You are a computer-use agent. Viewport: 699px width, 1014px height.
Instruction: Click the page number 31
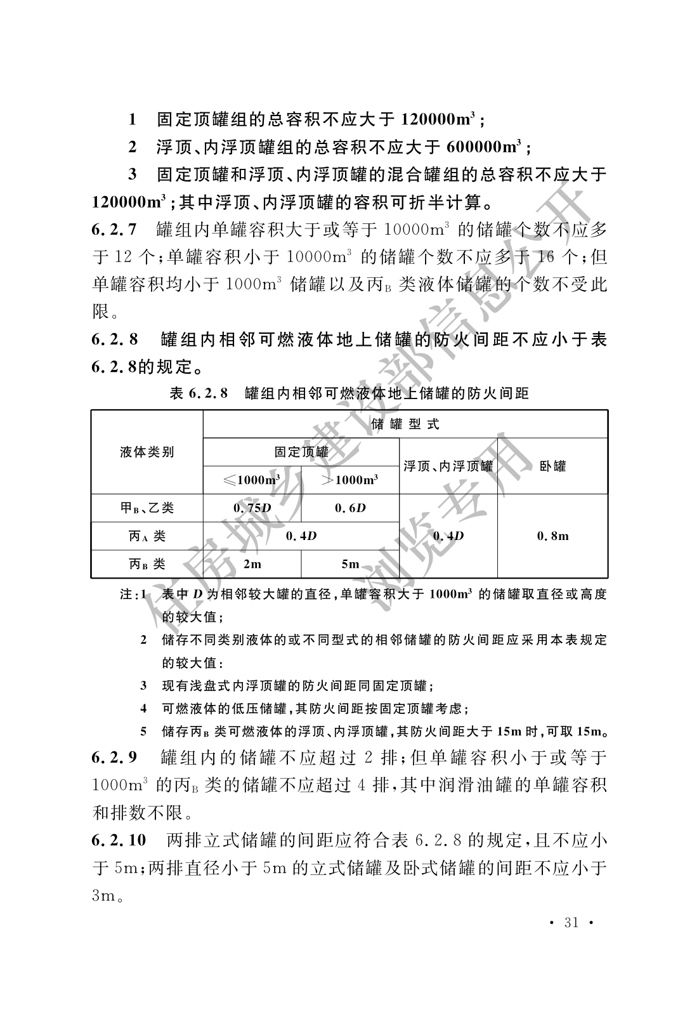pyautogui.click(x=572, y=922)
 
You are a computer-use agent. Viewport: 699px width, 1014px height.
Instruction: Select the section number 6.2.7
pyautogui.click(x=114, y=229)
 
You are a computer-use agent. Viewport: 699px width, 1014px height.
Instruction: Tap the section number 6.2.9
pyautogui.click(x=114, y=756)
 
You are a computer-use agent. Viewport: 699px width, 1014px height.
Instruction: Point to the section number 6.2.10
pyautogui.click(x=119, y=840)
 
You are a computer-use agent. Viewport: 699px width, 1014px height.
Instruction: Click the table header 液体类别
pyautogui.click(x=147, y=452)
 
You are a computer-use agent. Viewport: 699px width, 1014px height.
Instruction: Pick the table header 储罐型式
pyautogui.click(x=405, y=424)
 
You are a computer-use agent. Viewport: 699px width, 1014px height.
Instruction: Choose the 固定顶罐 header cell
pyautogui.click(x=301, y=452)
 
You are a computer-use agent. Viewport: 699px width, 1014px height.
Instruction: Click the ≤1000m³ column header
pyautogui.click(x=252, y=480)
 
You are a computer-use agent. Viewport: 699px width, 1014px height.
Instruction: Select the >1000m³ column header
pyautogui.click(x=349, y=480)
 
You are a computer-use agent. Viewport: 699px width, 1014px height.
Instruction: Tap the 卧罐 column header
pyautogui.click(x=552, y=466)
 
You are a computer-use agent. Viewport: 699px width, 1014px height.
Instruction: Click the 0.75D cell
pyautogui.click(x=252, y=508)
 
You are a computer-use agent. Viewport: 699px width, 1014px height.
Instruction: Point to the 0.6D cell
pyautogui.click(x=349, y=508)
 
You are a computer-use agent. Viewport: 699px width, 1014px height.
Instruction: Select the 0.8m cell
pyautogui.click(x=552, y=536)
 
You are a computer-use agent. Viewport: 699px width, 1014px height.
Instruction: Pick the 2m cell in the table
pyautogui.click(x=252, y=563)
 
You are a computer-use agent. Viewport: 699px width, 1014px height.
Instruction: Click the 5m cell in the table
pyautogui.click(x=349, y=563)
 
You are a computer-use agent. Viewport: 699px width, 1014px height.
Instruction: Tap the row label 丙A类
pyautogui.click(x=147, y=536)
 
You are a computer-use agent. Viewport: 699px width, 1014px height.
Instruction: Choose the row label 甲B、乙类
pyautogui.click(x=147, y=508)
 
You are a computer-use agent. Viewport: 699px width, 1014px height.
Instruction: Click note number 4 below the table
pyautogui.click(x=144, y=708)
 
